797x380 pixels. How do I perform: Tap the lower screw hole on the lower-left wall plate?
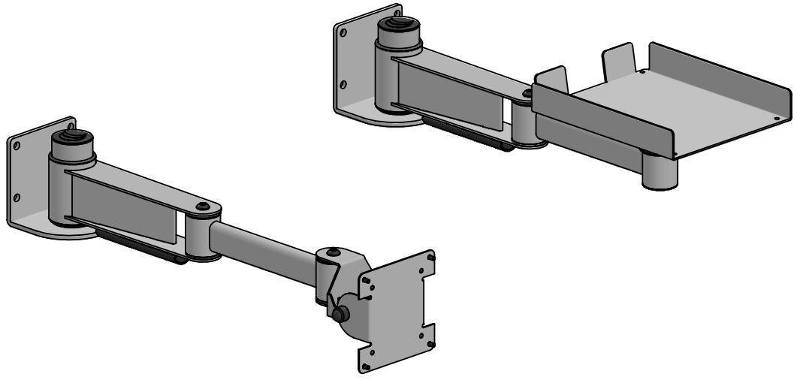(x=16, y=198)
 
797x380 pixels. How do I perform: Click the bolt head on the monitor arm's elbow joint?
(x=201, y=206)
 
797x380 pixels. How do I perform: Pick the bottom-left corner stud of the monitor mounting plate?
(x=365, y=366)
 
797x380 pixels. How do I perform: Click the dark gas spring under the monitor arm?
(x=140, y=248)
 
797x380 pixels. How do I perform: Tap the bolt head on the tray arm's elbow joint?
(x=527, y=94)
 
